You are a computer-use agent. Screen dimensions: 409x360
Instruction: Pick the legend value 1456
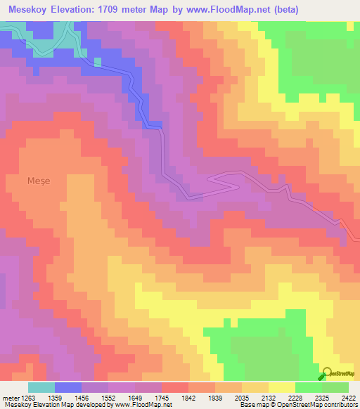click(95, 397)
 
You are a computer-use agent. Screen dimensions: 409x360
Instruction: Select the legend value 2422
click(349, 397)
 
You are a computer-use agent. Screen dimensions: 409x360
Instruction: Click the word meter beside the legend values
click(10, 397)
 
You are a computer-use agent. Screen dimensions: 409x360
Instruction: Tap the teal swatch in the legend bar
click(41, 387)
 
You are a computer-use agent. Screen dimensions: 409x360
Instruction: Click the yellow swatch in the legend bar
click(282, 387)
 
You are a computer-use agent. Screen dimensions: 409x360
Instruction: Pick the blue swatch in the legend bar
click(68, 387)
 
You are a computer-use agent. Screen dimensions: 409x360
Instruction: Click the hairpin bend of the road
click(212, 180)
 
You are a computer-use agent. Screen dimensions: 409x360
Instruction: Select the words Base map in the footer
click(252, 405)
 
